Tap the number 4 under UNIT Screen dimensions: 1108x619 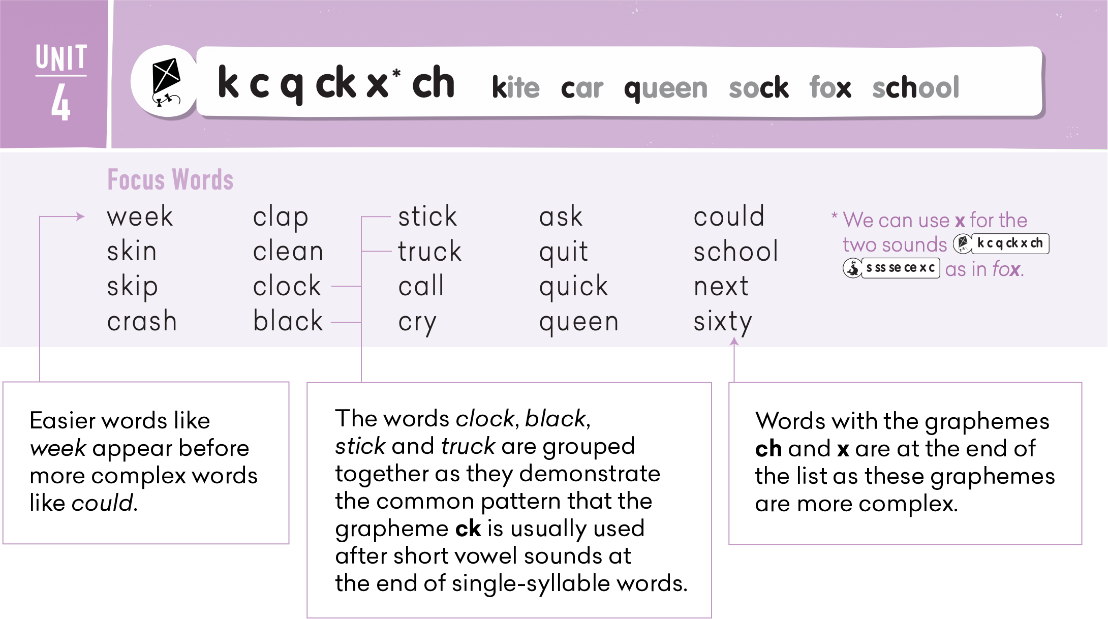[x=60, y=103]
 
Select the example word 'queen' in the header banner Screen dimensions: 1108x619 [x=666, y=89]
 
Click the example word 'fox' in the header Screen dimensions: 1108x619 [x=830, y=87]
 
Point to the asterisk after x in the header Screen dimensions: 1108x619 [x=396, y=74]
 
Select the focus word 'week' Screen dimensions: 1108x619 [x=140, y=217]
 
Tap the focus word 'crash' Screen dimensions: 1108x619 [x=142, y=322]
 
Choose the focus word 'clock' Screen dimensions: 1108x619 [x=287, y=286]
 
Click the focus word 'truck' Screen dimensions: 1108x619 [x=430, y=252]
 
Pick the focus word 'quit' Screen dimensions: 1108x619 [x=564, y=253]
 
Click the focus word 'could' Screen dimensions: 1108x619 [x=729, y=216]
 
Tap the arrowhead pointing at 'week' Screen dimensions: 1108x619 [x=80, y=216]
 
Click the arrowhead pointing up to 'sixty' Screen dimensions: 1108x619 [x=734, y=342]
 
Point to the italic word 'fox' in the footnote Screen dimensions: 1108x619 [x=1006, y=269]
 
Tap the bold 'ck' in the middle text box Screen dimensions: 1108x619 [x=468, y=529]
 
